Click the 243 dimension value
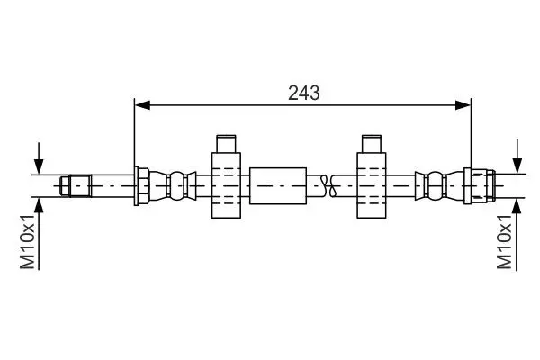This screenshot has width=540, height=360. (304, 93)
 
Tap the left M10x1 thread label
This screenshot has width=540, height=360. (28, 241)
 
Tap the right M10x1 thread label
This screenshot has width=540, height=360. (504, 241)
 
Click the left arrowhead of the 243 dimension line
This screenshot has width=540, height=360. (142, 105)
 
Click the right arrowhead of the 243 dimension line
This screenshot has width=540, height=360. (463, 105)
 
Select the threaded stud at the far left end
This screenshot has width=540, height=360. (76, 186)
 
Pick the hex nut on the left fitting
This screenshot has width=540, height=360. (142, 186)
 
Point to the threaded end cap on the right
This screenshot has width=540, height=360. (480, 186)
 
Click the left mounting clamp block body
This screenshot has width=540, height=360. (226, 185)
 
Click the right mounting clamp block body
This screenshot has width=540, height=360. (372, 185)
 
